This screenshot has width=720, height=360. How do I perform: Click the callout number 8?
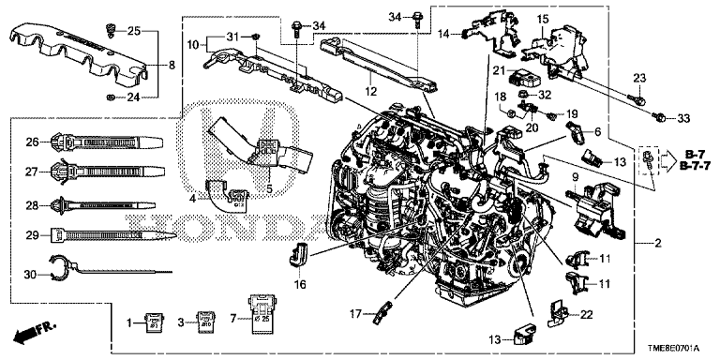[x=172, y=66]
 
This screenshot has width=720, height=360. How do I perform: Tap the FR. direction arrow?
[x=35, y=333]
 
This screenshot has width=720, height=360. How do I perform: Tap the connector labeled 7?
[x=261, y=312]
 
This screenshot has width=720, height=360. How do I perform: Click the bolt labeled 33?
[x=659, y=117]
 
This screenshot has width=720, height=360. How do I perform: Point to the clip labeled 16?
[x=299, y=253]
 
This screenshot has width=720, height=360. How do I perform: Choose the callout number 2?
[x=658, y=244]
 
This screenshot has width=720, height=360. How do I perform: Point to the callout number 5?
[x=270, y=188]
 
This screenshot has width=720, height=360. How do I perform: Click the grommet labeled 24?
[x=110, y=97]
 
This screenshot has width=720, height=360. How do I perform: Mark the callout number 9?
[x=575, y=177]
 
